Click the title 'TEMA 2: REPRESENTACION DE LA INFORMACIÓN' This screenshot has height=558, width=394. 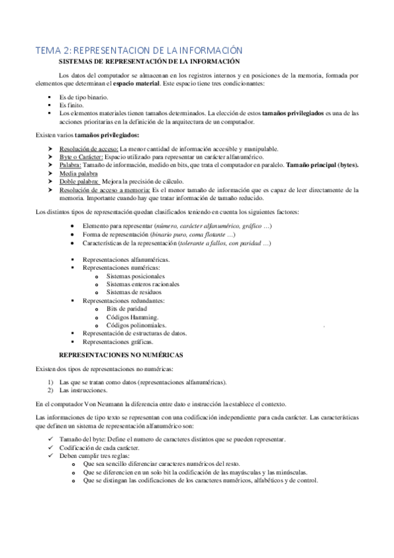coord(139,51)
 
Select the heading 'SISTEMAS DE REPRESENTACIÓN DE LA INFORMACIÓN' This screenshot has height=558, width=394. coord(150,61)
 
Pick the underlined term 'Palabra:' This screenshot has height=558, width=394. coord(70,165)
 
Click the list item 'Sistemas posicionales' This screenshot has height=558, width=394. coord(136,276)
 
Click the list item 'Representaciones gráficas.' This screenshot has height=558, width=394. coord(118,342)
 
